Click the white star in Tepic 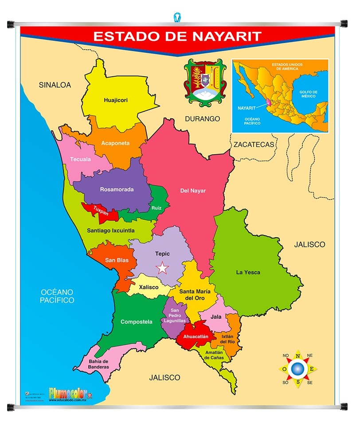(x=163, y=268)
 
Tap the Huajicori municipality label (x=116, y=100)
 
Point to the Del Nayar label (x=193, y=191)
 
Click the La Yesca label (x=248, y=272)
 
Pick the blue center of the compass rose (x=298, y=368)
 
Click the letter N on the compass (x=298, y=355)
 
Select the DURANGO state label (x=203, y=119)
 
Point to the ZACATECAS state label (x=254, y=145)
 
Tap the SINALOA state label (x=55, y=85)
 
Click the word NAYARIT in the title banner (x=224, y=36)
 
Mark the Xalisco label (x=149, y=287)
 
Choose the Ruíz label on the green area (x=156, y=207)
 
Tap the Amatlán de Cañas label (x=214, y=355)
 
